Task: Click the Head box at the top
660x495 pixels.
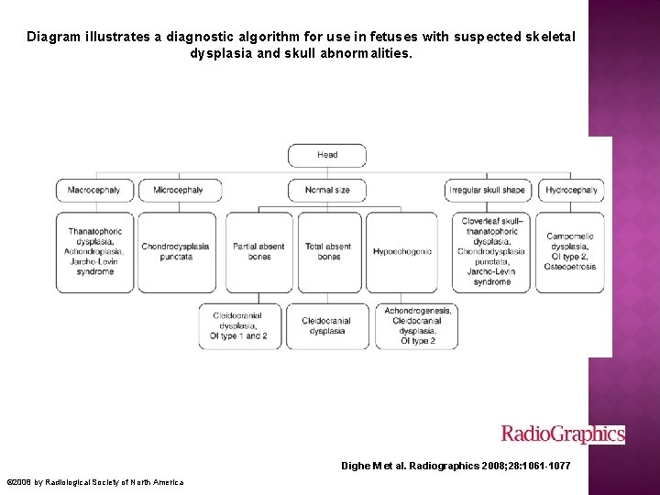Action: coord(327,155)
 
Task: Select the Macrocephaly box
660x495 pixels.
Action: coord(94,190)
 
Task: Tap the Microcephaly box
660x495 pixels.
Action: coord(178,190)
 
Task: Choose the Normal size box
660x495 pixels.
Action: coord(327,190)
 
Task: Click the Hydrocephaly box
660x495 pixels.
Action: coord(571,190)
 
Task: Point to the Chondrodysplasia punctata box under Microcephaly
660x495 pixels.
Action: coord(175,252)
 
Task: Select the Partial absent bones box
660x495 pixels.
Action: coord(259,252)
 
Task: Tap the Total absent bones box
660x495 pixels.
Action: coord(327,252)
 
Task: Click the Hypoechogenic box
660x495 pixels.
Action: coord(401,252)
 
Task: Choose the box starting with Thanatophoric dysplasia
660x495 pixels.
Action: coord(95,252)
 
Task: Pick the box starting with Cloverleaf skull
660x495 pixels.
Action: coord(491,252)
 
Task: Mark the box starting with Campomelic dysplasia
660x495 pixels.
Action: coord(570,252)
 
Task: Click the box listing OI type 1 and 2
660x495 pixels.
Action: coord(239,326)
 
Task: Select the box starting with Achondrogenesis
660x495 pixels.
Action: coord(417,326)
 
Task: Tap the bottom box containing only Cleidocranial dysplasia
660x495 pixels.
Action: coord(327,326)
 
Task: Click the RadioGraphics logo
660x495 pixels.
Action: coord(563,434)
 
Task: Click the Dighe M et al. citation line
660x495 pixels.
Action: coord(456,467)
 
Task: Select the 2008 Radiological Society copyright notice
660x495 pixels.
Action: coord(95,482)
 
